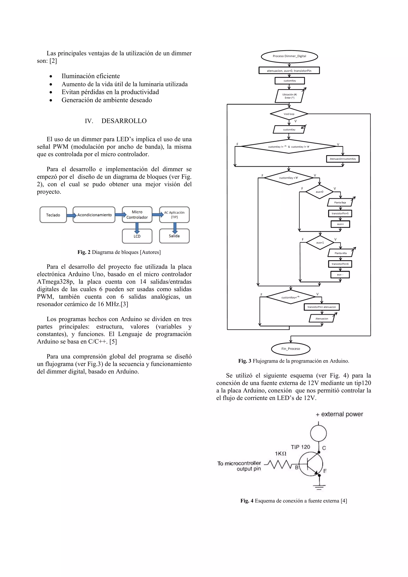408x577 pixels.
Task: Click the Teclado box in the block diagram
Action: click(53, 215)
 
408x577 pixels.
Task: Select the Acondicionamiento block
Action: click(94, 215)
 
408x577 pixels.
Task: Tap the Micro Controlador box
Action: click(137, 215)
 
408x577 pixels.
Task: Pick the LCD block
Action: click(137, 236)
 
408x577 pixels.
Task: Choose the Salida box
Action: click(174, 236)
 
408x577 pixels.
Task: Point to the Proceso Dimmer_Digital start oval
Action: click(289, 56)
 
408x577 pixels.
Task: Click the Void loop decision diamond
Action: click(289, 114)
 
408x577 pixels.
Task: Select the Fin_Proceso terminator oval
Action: click(291, 349)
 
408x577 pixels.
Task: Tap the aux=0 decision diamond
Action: click(319, 192)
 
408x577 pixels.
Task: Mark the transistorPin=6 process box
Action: click(340, 264)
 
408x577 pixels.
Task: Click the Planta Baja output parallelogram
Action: click(340, 203)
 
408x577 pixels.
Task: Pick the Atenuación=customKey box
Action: click(343, 159)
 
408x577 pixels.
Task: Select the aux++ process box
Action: click(340, 224)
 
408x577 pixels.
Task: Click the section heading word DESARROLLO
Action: click(124, 121)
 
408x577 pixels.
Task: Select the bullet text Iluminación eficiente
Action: click(90, 76)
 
